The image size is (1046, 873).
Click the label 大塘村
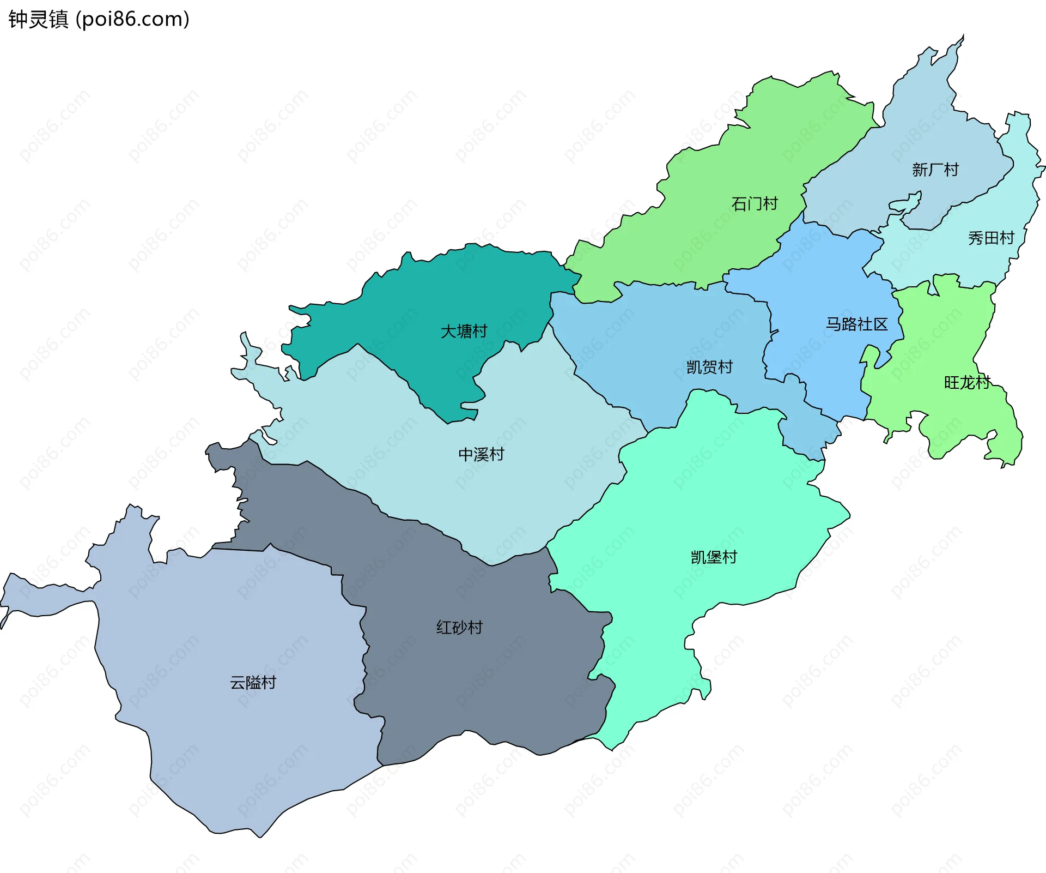coord(464,331)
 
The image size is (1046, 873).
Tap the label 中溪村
coord(481,454)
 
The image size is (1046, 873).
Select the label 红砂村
coord(459,628)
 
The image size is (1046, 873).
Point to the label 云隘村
coord(253,683)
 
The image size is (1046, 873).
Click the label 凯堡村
coord(714,557)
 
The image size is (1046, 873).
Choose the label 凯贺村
coord(709,367)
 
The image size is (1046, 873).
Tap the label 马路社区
coord(856,324)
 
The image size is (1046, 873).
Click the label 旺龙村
coord(967,382)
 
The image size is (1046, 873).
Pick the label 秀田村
coord(991,238)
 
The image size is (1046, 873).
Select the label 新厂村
coord(935,170)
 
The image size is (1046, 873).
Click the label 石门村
coord(755,204)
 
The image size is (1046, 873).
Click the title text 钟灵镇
coord(38,20)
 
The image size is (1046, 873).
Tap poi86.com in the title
coord(133,20)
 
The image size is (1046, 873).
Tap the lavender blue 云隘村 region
coord(229,736)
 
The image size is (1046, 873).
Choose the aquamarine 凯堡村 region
coord(708,491)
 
